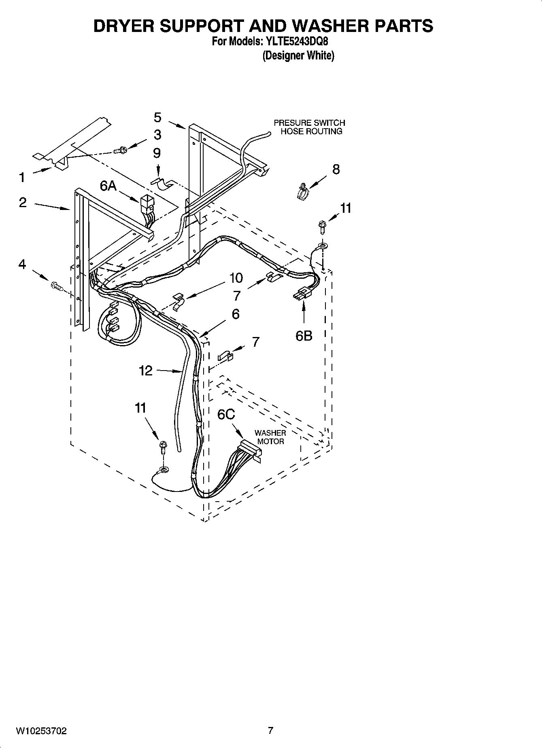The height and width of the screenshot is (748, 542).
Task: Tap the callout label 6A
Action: tap(108, 186)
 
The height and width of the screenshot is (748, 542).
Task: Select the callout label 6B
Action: tap(304, 335)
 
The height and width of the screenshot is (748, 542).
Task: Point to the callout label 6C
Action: tap(226, 414)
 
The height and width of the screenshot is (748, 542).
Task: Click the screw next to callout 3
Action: tap(121, 150)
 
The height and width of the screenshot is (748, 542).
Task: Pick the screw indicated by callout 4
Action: tap(56, 286)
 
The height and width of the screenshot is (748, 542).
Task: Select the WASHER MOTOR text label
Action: tap(270, 437)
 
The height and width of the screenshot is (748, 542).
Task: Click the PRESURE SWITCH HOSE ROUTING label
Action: tap(310, 127)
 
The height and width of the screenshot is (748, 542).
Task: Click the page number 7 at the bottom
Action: tap(270, 730)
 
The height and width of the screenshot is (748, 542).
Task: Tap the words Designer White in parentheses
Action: tap(298, 55)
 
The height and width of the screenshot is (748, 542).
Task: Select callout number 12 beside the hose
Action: tap(146, 370)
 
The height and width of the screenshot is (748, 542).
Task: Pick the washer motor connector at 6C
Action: tap(250, 450)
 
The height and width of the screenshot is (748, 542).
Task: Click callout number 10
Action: tap(236, 278)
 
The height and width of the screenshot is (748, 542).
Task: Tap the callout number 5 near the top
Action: tap(157, 117)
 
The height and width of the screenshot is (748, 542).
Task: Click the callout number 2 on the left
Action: tap(23, 202)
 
